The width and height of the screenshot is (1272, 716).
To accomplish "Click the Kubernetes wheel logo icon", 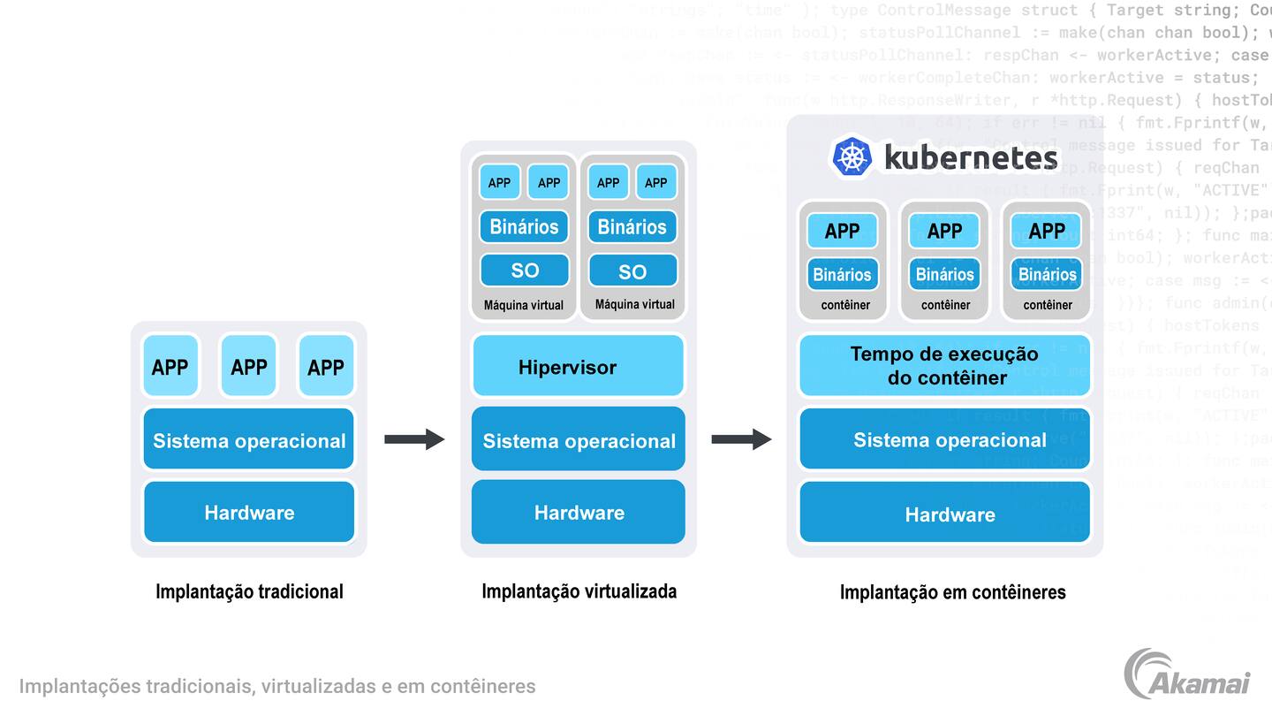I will point(852,157).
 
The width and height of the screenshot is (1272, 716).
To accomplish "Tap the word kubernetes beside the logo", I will point(970,158).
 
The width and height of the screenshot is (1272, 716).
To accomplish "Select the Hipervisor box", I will point(578,366).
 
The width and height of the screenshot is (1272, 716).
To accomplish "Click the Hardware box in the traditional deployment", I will point(248,512).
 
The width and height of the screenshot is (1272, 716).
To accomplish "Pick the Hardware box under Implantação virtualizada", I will point(578,512).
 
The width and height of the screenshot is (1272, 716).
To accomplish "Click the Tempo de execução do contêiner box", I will point(945,366).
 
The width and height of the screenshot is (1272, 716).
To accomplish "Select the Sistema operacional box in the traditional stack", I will point(248,439).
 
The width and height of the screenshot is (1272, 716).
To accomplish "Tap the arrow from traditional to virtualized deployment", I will point(413,438).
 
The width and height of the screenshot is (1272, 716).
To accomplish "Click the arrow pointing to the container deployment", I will point(740,438).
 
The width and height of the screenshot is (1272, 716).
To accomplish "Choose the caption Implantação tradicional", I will point(249,591).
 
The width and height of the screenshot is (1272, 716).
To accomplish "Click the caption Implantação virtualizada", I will point(579,590).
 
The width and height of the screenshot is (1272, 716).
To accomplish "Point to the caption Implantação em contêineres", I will point(952,591).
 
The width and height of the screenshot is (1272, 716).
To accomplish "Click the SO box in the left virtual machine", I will point(525,270).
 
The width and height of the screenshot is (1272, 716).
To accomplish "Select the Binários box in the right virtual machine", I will point(632,227).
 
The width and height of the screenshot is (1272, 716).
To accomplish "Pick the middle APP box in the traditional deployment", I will point(248,366).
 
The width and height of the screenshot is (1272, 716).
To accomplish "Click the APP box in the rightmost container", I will point(1047,232).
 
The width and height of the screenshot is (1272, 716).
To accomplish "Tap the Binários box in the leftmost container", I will point(842,275).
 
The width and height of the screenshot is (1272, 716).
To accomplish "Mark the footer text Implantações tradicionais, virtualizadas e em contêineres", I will point(277,686).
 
